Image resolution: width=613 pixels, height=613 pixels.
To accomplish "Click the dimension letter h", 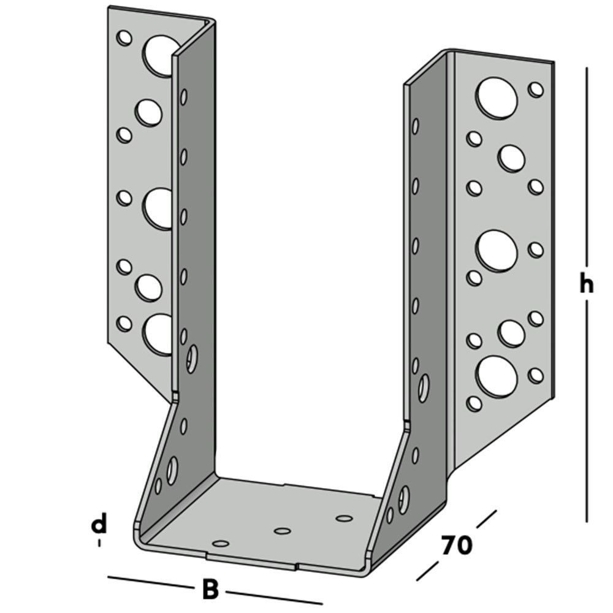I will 587,285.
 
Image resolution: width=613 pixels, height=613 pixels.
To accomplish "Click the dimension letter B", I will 210,590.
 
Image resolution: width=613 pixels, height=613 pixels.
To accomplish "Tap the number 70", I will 456,545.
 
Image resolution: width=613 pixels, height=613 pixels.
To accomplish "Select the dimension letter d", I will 99,524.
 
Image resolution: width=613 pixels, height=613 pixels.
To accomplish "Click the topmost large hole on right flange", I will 497,98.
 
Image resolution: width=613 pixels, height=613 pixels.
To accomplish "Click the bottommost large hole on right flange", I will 497,376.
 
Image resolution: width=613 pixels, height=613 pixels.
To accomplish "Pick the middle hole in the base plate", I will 282,531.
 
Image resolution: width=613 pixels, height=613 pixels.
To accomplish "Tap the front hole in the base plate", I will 221,544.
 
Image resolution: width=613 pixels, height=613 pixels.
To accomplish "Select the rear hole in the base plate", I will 345,519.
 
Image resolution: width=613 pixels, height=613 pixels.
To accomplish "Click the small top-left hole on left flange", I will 124,39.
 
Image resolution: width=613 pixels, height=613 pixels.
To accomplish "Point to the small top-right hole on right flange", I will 536,89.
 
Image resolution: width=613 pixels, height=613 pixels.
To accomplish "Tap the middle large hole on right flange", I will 497,251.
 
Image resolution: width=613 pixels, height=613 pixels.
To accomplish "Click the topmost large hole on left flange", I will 161,55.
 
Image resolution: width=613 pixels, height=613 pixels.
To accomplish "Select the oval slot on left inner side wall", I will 192,359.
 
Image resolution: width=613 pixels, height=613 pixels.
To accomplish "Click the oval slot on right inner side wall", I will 423,387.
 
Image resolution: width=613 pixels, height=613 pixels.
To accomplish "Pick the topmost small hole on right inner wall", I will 416,126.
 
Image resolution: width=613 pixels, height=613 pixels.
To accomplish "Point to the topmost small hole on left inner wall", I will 183,97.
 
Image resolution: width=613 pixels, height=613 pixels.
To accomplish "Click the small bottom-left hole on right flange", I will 474,403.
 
